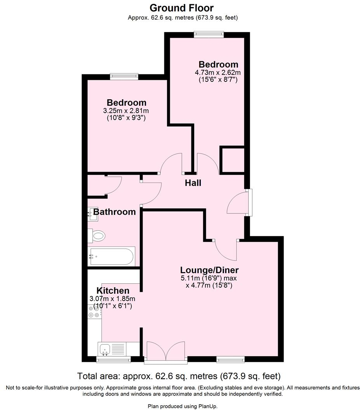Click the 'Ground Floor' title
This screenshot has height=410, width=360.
[181, 7]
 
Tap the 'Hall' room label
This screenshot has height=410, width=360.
[193, 183]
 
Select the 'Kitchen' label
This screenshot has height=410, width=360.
[113, 291]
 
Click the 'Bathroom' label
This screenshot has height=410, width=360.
[114, 212]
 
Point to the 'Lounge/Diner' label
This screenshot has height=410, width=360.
[209, 270]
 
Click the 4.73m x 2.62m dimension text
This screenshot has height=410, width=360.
[218, 72]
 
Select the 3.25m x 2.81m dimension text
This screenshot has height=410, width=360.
[126, 111]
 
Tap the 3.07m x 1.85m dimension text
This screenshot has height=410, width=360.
[112, 299]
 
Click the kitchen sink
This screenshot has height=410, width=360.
[105, 350]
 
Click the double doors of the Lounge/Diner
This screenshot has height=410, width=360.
[165, 352]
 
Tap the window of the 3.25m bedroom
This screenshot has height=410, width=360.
[124, 76]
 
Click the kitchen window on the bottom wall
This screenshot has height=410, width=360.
[114, 360]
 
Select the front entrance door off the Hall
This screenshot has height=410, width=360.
[238, 203]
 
